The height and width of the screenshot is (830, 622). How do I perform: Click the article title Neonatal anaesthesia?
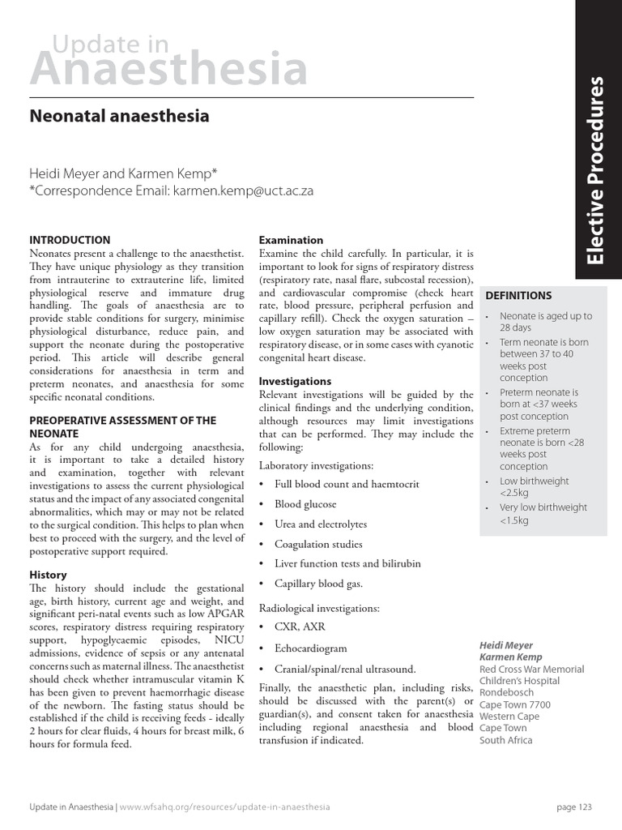point(119,116)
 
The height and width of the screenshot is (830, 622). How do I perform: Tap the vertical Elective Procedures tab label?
point(598,170)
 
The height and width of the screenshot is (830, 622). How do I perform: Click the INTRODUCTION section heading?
point(70,240)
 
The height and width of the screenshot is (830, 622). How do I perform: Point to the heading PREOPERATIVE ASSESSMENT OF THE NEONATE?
point(122,426)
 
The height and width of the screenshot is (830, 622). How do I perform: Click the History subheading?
point(48,575)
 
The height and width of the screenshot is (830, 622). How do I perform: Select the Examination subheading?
point(290,240)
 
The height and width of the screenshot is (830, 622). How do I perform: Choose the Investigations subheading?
point(295,381)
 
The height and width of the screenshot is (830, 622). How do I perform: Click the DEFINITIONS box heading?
point(518,296)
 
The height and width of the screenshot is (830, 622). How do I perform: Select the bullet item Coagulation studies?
point(318,544)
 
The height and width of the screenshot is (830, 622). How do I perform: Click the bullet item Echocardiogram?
point(311,648)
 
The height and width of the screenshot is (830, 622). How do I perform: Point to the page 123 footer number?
point(574,807)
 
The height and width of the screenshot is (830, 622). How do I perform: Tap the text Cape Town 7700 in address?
point(514,704)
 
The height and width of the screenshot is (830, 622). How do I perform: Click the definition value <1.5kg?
point(514,520)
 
